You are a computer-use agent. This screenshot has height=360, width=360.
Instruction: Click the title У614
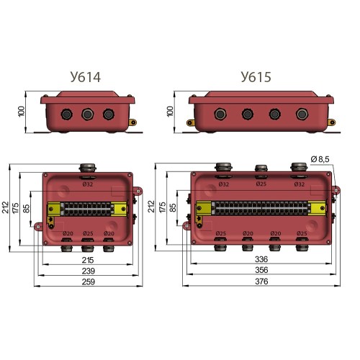86,77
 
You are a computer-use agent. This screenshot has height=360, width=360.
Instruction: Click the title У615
256,77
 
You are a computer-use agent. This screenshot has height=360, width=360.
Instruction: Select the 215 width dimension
88,260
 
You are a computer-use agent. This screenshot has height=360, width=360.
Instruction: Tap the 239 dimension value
89,271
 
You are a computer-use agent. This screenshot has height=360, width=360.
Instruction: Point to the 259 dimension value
89,282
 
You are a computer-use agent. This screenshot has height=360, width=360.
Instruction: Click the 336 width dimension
261,259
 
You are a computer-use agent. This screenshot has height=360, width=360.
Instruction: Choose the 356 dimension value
261,270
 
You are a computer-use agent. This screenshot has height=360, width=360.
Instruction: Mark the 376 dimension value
261,282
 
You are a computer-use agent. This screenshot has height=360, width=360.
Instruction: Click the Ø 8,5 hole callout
320,159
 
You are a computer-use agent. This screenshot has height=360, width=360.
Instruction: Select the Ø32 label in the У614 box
88,184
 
